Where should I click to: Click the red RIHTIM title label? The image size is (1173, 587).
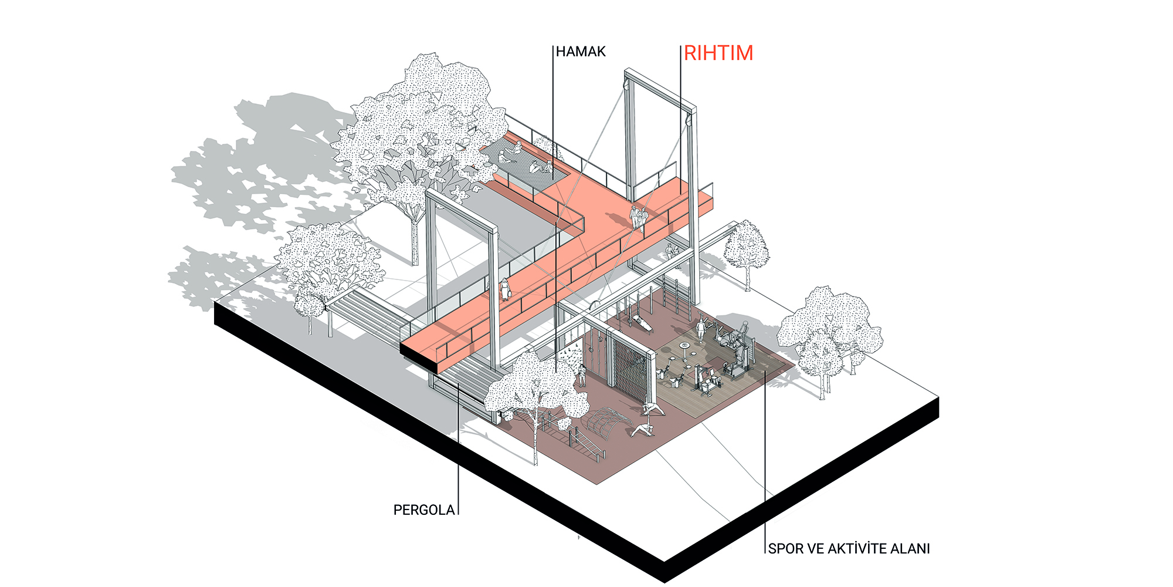pyautogui.click(x=718, y=53)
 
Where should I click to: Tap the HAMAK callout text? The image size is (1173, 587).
pyautogui.click(x=581, y=52)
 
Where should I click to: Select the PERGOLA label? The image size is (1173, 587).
pyautogui.click(x=424, y=510)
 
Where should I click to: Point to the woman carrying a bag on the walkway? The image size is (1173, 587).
pyautogui.click(x=505, y=289)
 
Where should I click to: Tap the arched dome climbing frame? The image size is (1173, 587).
pyautogui.click(x=607, y=423)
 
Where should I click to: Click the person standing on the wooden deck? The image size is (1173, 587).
pyautogui.click(x=701, y=329)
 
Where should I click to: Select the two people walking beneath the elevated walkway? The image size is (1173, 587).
pyautogui.click(x=672, y=253)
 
